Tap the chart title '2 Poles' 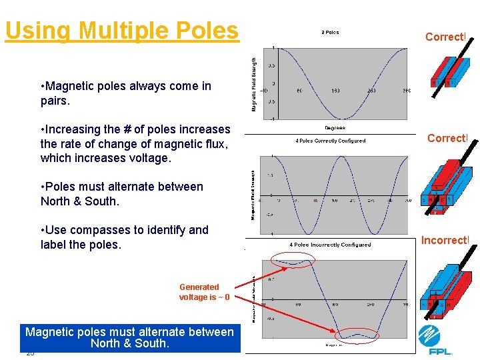[330, 32]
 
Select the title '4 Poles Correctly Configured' [331, 141]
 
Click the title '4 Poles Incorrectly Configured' [330, 245]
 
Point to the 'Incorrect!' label [445, 240]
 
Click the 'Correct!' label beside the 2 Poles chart [445, 37]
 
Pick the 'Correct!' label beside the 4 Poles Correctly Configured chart [447, 139]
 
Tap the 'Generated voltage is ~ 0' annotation [204, 292]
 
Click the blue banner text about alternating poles [129, 337]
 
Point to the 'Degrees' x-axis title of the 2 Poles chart [334, 128]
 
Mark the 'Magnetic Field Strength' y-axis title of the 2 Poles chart [253, 84]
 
